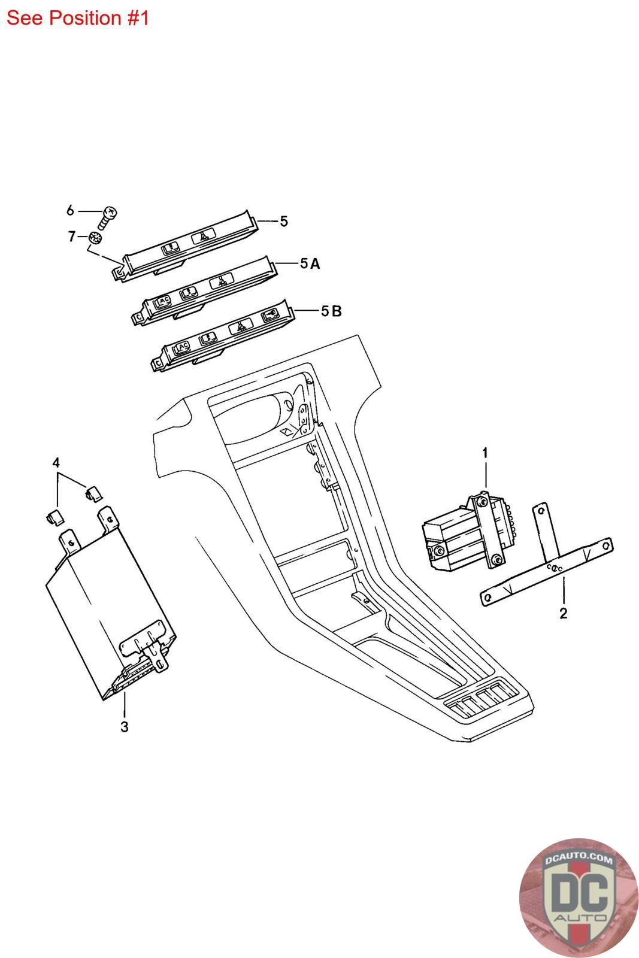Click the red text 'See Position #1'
pos(77,18)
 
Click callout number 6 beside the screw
pos(70,210)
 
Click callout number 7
pos(72,237)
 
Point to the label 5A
pos(310,263)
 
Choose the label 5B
pos(331,311)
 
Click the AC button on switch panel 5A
pos(162,301)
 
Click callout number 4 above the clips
pos(56,462)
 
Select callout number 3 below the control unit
pos(125,727)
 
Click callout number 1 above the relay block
pos(485,453)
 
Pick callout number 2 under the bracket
pos(563,613)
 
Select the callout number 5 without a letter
pos(284,221)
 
